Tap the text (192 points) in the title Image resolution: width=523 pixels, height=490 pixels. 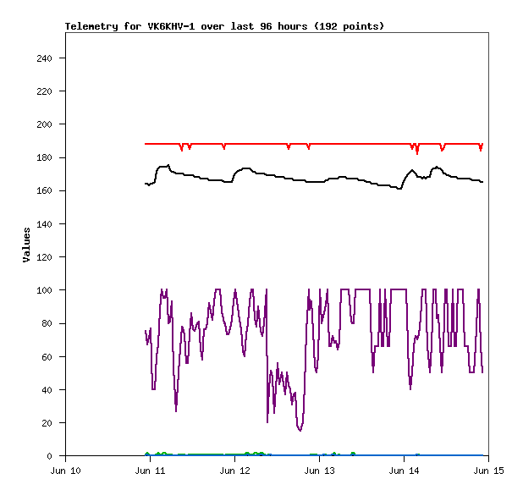[350, 26]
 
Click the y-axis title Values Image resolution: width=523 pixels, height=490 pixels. [26, 245]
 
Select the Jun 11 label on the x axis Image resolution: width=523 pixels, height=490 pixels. [150, 470]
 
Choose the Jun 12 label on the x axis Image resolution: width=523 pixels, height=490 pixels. [234, 470]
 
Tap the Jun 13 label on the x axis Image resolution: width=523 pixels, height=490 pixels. [319, 470]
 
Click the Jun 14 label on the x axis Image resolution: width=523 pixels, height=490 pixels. [404, 470]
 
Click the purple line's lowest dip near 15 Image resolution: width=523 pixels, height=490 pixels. [300, 431]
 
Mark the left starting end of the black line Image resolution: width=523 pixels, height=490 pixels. [146, 184]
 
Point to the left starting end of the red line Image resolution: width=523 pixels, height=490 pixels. [146, 144]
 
